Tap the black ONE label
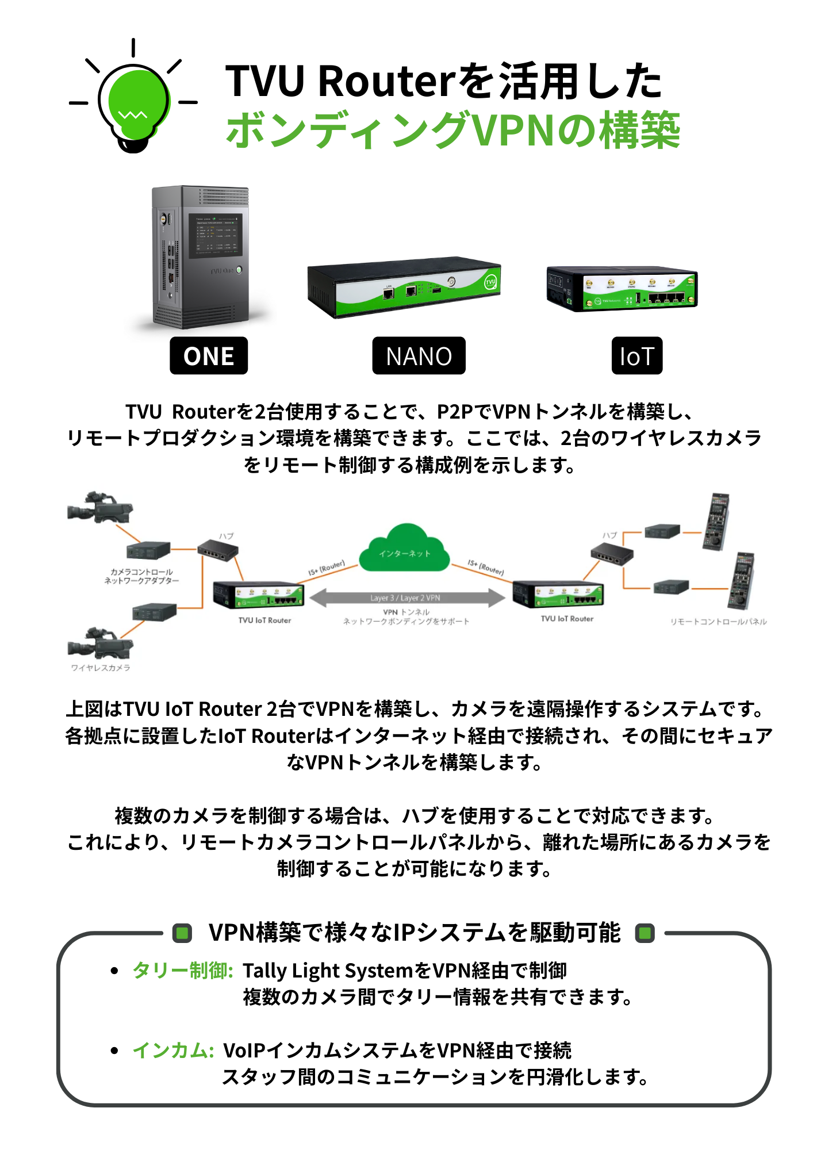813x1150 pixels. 209,356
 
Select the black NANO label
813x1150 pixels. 419,356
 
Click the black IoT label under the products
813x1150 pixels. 636,356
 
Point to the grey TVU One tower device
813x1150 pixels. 200,256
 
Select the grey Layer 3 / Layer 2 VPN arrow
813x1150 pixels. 406,598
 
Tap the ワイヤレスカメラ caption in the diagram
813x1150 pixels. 101,668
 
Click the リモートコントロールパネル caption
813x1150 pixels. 718,622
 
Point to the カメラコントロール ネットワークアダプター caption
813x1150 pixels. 141,576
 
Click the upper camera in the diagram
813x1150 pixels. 99,508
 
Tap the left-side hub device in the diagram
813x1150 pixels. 218,551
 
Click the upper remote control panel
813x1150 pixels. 718,521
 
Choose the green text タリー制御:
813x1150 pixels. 182,971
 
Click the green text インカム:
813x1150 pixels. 173,1051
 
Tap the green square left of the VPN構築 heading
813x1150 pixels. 183,933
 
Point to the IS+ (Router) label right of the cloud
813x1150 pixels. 486,568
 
